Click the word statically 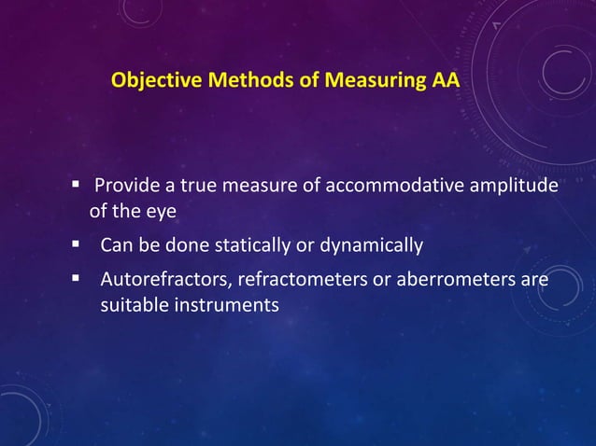[x=269, y=245]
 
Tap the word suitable [x=132, y=304]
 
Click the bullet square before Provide [x=76, y=185]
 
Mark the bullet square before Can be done [x=76, y=245]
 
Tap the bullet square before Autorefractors [x=76, y=279]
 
